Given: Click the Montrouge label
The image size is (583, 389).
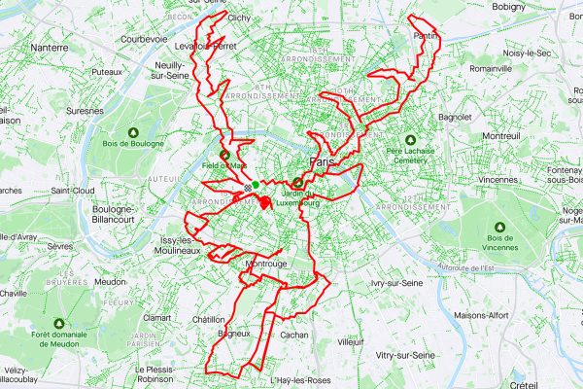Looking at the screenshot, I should [x=265, y=263].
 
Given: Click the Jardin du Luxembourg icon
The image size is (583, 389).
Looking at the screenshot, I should [x=295, y=182].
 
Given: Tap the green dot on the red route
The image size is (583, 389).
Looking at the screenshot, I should [x=255, y=185].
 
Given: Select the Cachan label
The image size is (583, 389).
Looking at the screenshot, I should [x=293, y=335].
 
